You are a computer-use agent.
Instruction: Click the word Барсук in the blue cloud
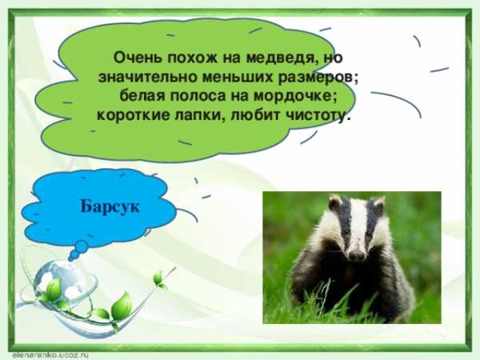point(110,206)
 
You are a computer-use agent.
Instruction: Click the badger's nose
point(357,254)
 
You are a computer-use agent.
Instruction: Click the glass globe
point(58,280)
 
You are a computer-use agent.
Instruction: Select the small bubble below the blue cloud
point(81,246)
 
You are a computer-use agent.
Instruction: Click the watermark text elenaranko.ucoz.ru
point(50,355)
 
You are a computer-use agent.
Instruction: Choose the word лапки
point(200,116)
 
